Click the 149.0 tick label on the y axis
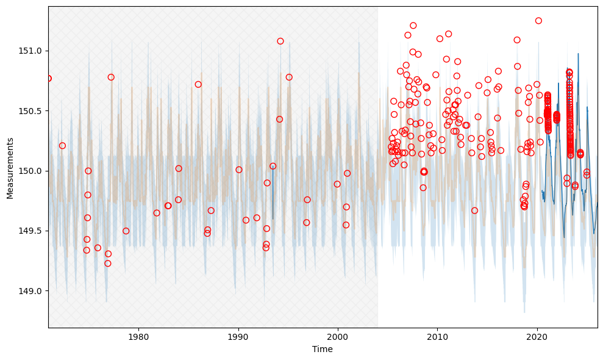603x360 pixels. pyautogui.click(x=30, y=291)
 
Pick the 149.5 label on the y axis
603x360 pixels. pyautogui.click(x=30, y=231)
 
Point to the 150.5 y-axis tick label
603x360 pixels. pyautogui.click(x=30, y=111)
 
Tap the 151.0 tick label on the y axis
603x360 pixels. pyautogui.click(x=30, y=51)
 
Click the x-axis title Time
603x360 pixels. pyautogui.click(x=323, y=350)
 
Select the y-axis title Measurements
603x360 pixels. pyautogui.click(x=10, y=168)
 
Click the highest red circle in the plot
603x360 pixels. pyautogui.click(x=538, y=21)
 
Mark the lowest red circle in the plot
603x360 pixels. pyautogui.click(x=108, y=264)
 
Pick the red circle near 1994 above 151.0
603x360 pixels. pyautogui.click(x=280, y=41)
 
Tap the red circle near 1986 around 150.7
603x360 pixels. pyautogui.click(x=198, y=85)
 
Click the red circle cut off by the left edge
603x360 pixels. pyautogui.click(x=49, y=79)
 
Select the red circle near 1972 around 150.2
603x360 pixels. pyautogui.click(x=62, y=146)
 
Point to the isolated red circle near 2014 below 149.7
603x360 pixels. pyautogui.click(x=475, y=211)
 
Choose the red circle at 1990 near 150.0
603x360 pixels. pyautogui.click(x=239, y=170)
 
